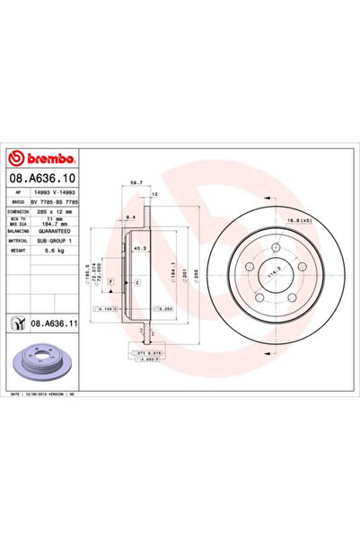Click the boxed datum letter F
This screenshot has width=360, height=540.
pos(110,282)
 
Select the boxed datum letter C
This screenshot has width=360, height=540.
pos(136,282)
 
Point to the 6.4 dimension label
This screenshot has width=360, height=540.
pos(129,218)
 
